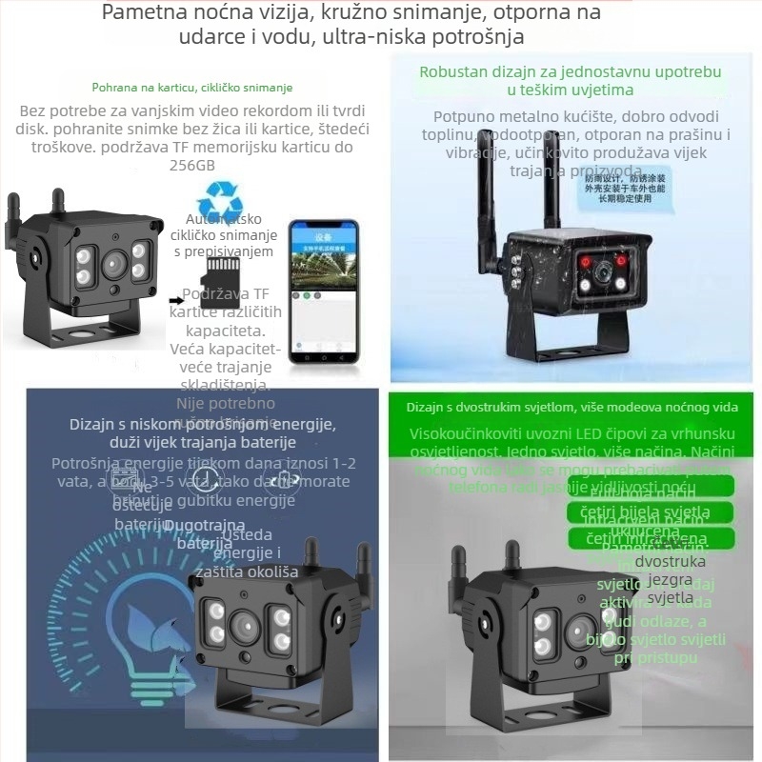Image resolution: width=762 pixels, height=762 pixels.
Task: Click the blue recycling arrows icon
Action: pyautogui.click(x=220, y=207)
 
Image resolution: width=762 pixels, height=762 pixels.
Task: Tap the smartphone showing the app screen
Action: pyautogui.click(x=323, y=291)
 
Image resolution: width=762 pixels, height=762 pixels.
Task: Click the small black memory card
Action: pyautogui.click(x=223, y=271)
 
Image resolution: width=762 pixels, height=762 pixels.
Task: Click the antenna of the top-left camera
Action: pyautogui.click(x=13, y=219)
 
